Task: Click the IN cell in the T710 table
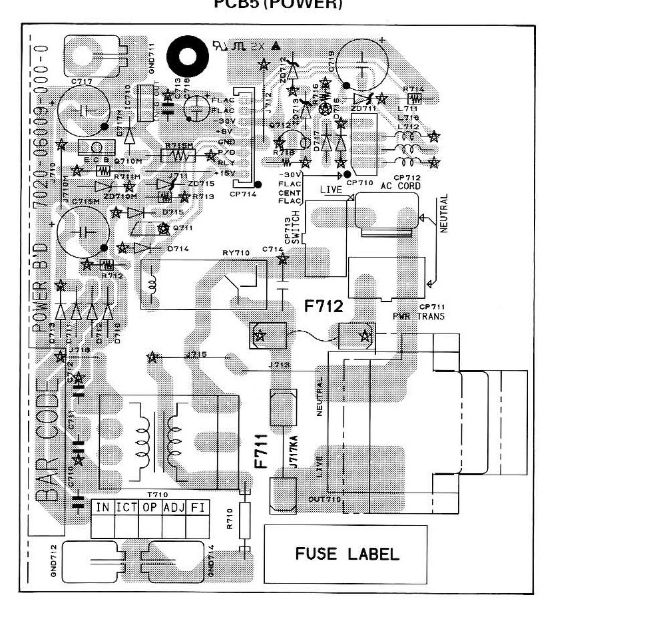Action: coord(103,507)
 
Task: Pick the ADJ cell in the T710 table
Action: coord(174,507)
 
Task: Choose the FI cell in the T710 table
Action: coord(198,507)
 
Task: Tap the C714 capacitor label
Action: coord(273,248)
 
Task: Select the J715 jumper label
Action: coord(197,354)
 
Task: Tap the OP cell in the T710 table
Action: coord(150,507)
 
